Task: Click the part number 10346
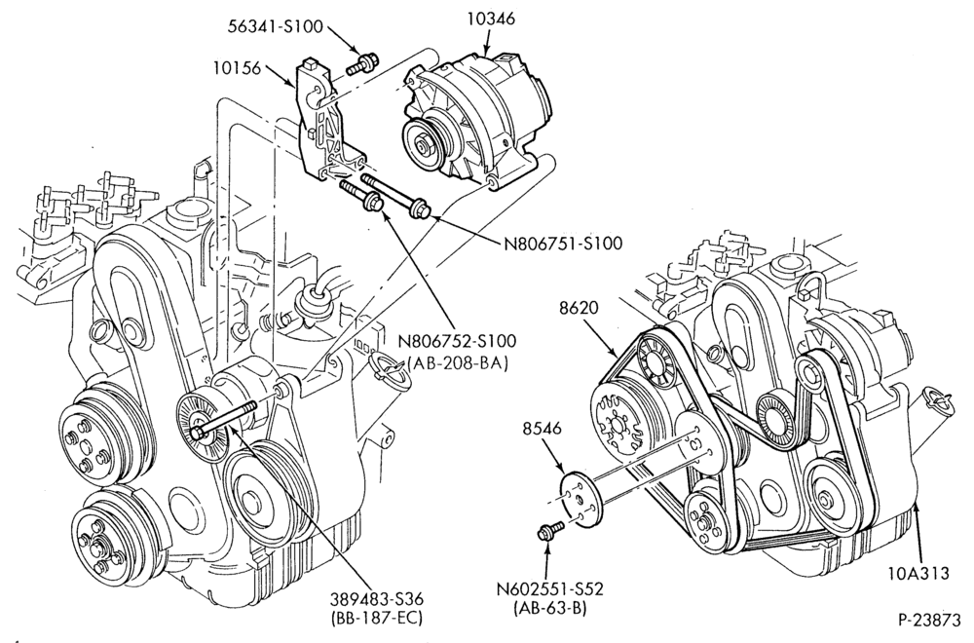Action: [491, 19]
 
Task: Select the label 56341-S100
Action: [276, 26]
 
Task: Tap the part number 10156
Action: [237, 68]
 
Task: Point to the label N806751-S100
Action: [563, 243]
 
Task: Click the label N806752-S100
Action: [457, 341]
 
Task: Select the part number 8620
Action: [579, 308]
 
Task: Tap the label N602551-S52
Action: [549, 587]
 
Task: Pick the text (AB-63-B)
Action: [550, 608]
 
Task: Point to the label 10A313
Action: [918, 573]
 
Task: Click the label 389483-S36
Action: [377, 599]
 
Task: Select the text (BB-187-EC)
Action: [377, 619]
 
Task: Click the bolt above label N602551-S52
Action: [549, 530]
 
